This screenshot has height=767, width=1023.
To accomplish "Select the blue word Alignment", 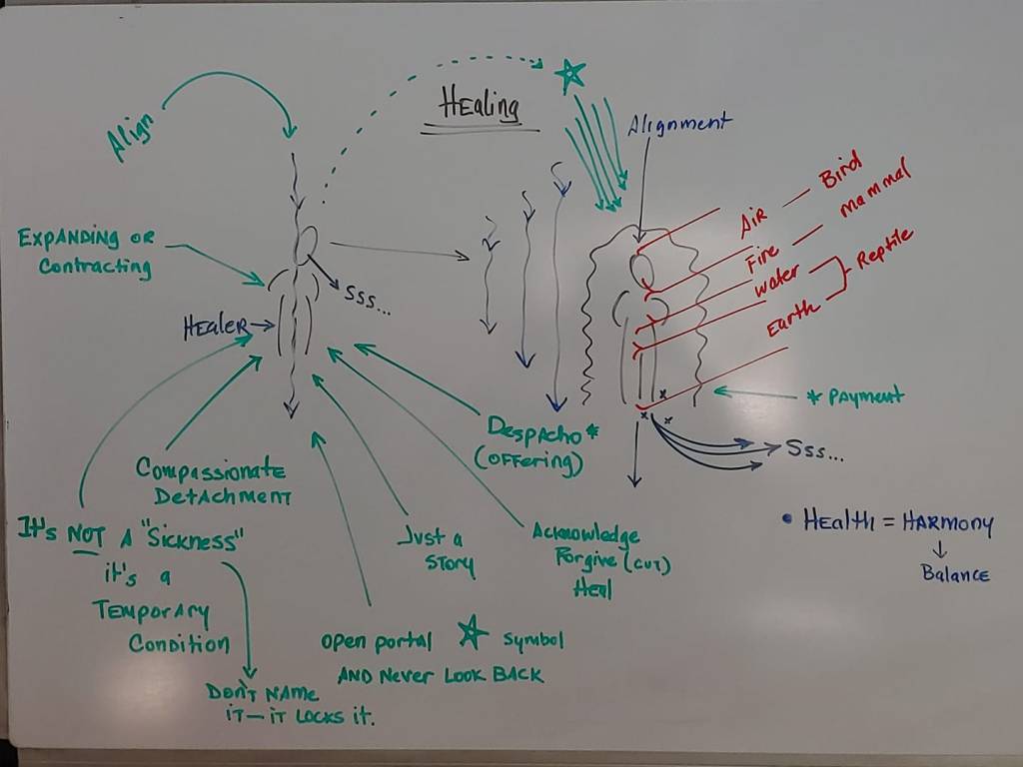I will click(679, 124).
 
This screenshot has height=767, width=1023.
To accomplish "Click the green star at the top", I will click(569, 73).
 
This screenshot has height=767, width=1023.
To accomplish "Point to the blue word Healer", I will click(215, 325).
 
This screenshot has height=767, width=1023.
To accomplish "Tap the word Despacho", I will click(534, 429).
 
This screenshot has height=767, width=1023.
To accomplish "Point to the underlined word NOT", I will click(86, 533).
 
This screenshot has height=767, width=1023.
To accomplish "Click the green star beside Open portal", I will click(472, 631).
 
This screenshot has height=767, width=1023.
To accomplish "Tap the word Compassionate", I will click(211, 469).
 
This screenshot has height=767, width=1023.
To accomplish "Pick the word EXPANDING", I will click(67, 239).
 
